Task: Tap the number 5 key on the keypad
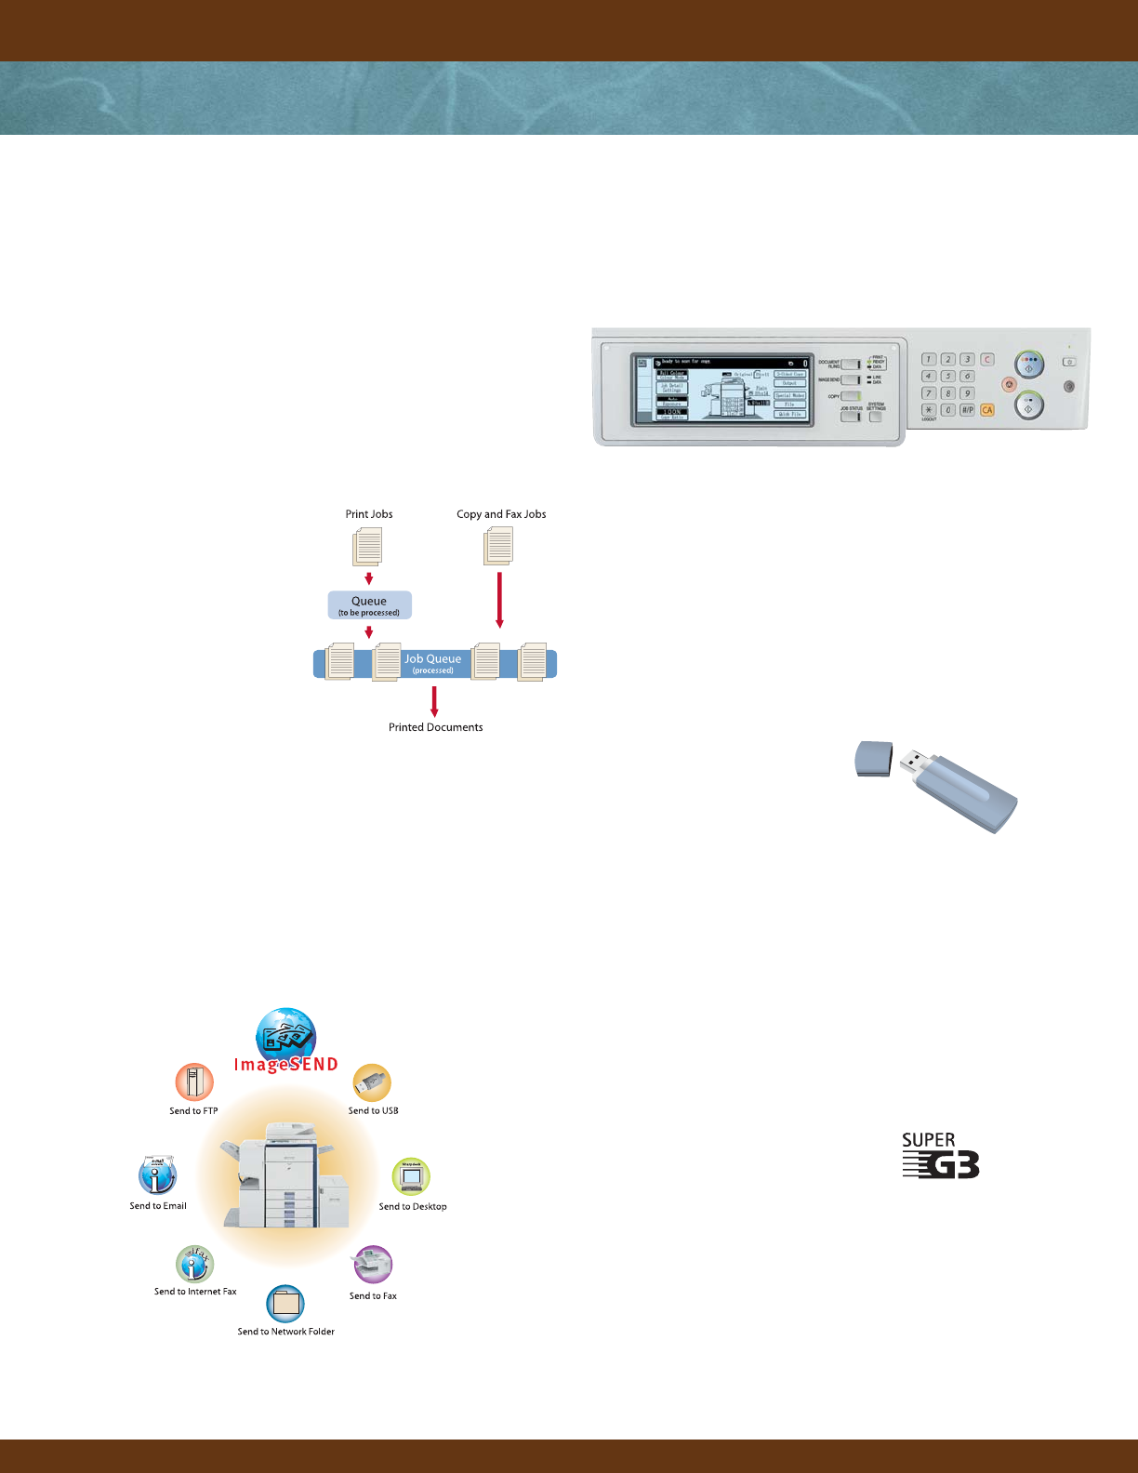(948, 376)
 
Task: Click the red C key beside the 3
(987, 359)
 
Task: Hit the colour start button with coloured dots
(1029, 364)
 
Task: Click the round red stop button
(1009, 384)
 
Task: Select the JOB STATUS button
(851, 417)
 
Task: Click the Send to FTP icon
(194, 1082)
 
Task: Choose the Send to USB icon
(372, 1082)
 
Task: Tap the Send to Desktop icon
(411, 1177)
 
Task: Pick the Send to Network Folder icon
(285, 1304)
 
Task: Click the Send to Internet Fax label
(195, 1292)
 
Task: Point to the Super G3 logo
(940, 1156)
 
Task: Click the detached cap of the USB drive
(874, 759)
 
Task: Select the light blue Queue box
(369, 605)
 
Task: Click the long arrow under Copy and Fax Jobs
(500, 600)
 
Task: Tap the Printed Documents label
(435, 727)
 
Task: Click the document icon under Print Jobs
(368, 547)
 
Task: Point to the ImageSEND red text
(286, 1065)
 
